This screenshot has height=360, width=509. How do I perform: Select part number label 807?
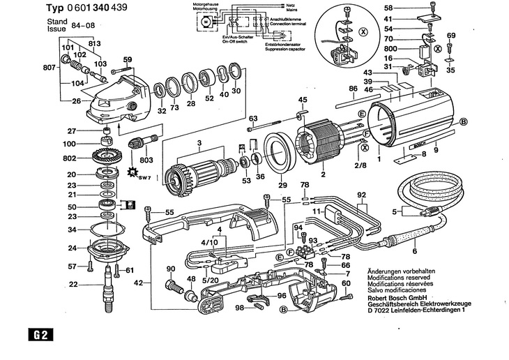[49, 68]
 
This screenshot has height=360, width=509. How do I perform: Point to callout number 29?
[282, 185]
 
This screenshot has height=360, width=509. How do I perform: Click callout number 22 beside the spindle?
[73, 284]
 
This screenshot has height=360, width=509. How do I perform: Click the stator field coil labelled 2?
[320, 143]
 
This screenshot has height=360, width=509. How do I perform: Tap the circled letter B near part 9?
[462, 121]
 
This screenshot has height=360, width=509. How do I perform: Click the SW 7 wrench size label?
[143, 179]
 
